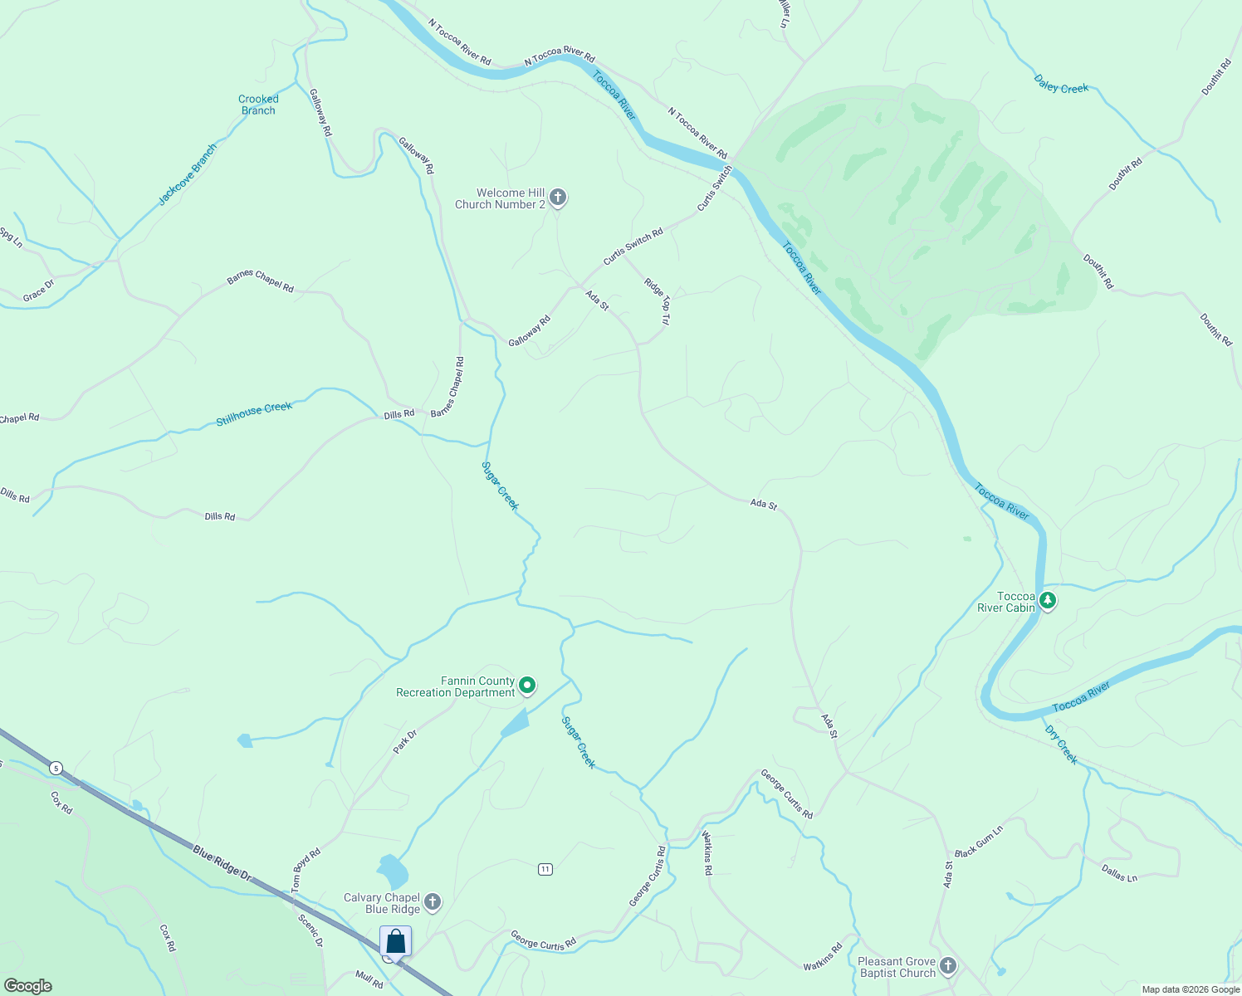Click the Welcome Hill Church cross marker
tap(558, 198)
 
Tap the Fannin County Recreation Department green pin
tap(527, 686)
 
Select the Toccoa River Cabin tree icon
tap(1048, 600)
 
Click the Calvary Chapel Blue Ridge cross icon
tap(432, 902)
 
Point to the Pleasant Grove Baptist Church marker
tap(948, 966)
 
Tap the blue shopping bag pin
tap(396, 942)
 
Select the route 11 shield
tap(545, 869)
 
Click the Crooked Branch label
tap(258, 105)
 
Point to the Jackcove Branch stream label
tap(188, 174)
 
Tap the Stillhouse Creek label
tap(254, 413)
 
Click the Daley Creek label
tap(1061, 84)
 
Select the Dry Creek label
tap(1061, 745)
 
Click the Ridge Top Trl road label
tap(657, 300)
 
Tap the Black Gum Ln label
tap(979, 841)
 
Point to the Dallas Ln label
tap(1119, 872)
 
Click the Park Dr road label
tap(405, 741)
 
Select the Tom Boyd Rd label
tap(306, 870)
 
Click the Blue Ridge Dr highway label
tap(222, 862)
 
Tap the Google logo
tap(28, 986)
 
